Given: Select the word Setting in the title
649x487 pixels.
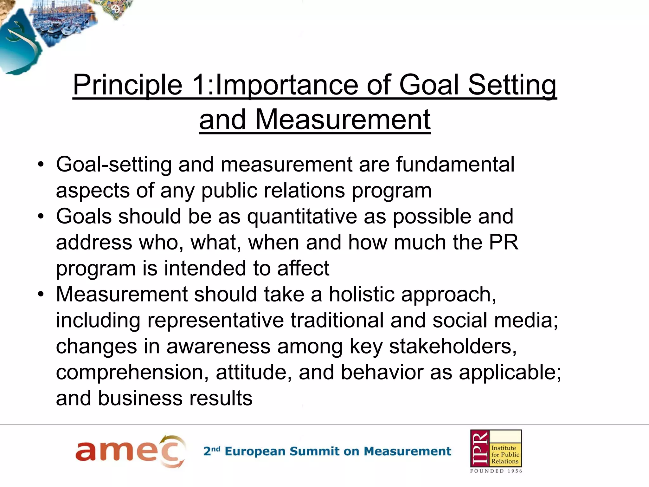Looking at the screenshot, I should (512, 85).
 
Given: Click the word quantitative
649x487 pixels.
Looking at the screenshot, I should (302, 216).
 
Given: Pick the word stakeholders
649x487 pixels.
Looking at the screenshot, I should (453, 346).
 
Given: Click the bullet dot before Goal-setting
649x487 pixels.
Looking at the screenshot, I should (41, 165).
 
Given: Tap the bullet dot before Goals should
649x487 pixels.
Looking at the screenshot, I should (41, 217).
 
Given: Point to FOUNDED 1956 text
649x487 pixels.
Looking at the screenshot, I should (496, 471).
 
